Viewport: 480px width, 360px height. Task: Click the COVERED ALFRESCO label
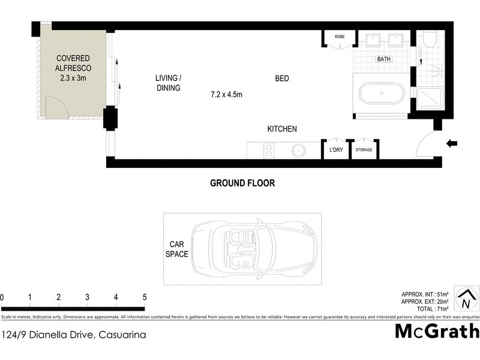coord(73,68)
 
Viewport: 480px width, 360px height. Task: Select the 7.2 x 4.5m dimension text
coord(226,94)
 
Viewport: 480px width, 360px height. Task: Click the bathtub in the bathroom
coord(381,95)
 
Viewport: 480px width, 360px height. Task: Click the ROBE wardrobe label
coord(340,37)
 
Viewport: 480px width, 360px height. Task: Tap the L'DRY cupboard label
coord(335,150)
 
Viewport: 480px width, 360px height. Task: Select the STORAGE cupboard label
coord(364,150)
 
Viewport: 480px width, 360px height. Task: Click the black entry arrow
coord(452,143)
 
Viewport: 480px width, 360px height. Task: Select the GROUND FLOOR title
coord(242,183)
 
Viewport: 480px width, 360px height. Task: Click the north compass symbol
coord(466,299)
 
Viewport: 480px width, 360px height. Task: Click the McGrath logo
coord(437,331)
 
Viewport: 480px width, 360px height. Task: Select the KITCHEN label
coord(281,129)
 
